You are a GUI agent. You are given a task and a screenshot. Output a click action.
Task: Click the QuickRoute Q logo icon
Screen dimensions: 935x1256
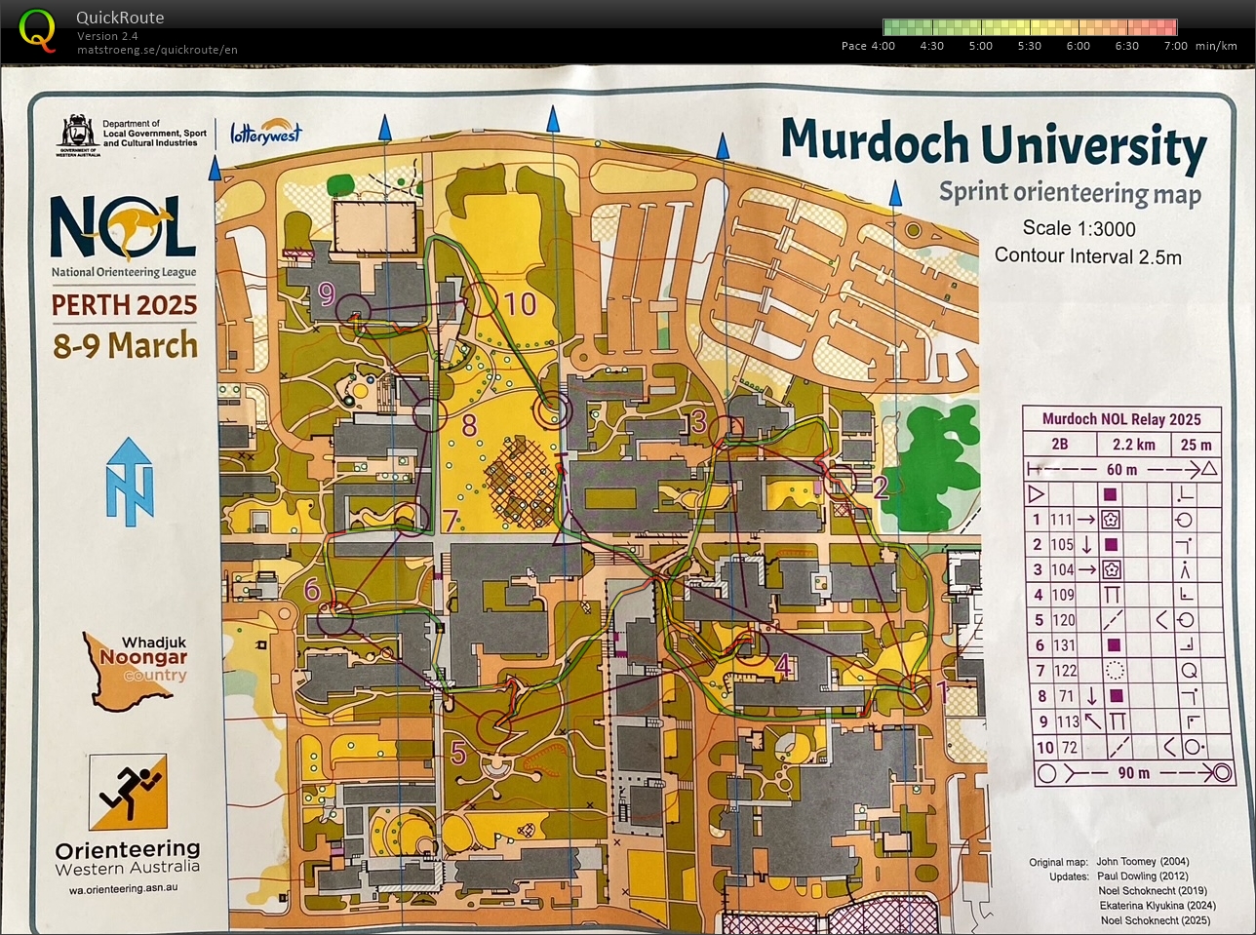tap(37, 29)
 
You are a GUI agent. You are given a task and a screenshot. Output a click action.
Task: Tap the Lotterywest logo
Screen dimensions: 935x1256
tap(266, 133)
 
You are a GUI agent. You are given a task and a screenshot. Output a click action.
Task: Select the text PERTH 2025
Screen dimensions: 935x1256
tap(124, 305)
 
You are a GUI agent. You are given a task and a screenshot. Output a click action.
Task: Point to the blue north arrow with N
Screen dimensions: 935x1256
tap(130, 482)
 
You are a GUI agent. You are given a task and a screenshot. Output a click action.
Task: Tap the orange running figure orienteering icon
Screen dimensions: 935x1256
tap(128, 792)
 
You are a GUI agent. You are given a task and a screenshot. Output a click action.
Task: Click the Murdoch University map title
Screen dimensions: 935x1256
tap(993, 144)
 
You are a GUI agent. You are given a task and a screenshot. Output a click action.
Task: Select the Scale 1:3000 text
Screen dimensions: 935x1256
tap(1079, 228)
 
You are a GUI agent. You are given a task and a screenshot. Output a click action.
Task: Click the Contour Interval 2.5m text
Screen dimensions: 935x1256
tap(1087, 256)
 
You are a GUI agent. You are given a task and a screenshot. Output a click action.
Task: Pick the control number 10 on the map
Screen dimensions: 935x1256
tap(520, 303)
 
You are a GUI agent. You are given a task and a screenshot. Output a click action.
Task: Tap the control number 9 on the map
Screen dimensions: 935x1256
tap(327, 293)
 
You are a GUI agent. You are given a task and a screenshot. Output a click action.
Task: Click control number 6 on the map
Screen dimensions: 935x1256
tap(312, 589)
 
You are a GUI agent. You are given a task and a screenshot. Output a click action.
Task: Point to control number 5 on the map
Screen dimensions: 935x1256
tap(458, 753)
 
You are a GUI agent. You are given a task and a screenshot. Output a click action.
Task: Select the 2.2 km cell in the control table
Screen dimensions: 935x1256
tap(1133, 445)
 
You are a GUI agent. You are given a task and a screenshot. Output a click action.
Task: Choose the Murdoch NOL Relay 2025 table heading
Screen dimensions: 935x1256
tap(1121, 419)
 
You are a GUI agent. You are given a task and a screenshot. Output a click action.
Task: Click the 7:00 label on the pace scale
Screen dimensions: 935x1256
tap(1175, 46)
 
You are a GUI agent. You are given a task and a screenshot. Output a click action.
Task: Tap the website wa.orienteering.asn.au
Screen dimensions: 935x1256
tap(123, 889)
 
